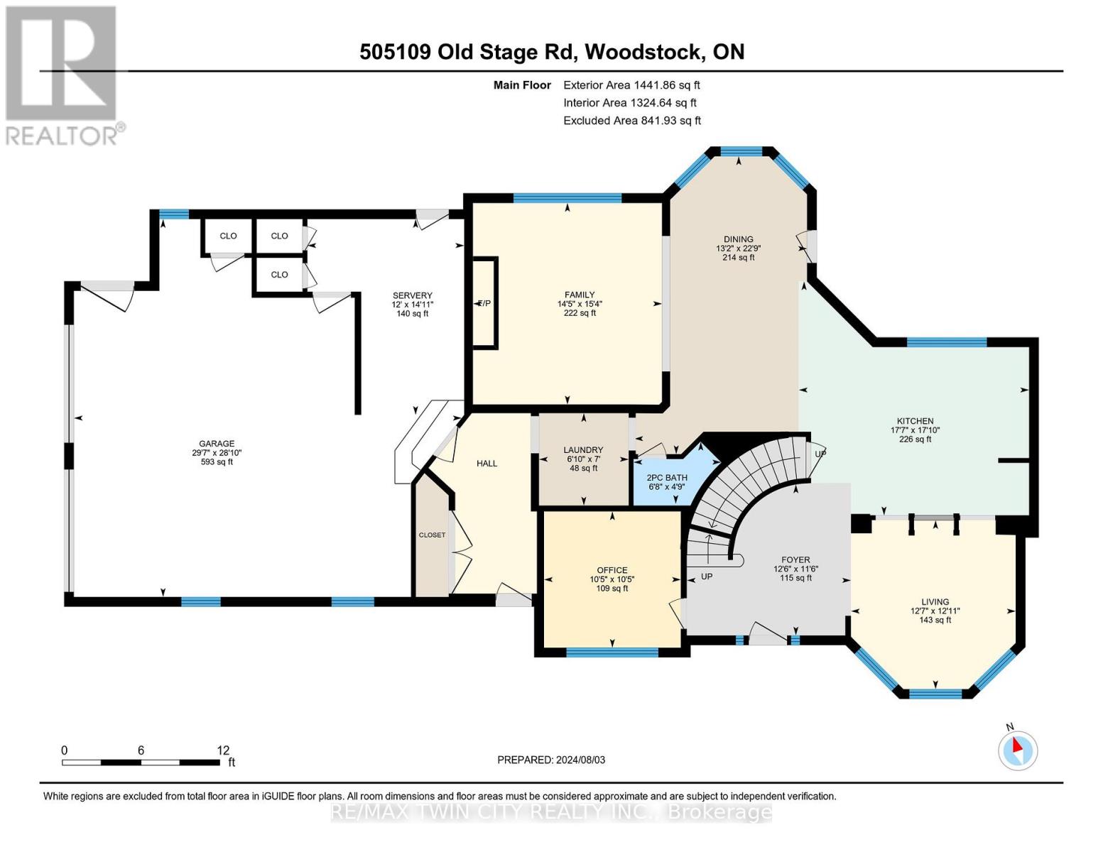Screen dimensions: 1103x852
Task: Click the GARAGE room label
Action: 216,444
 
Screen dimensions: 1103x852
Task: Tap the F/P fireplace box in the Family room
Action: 485,303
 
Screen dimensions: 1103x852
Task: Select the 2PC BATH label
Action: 667,478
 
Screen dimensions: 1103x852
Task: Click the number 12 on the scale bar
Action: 223,750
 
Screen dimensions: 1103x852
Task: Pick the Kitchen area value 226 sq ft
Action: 915,439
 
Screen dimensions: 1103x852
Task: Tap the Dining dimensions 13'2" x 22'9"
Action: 739,248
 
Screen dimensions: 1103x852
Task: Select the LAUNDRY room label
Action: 583,449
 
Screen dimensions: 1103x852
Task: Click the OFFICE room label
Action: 612,570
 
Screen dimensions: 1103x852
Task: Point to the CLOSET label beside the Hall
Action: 432,535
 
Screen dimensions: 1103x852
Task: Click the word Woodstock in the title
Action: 645,52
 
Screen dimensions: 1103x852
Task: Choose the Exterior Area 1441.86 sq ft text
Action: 631,85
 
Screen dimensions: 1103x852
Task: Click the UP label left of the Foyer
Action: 707,577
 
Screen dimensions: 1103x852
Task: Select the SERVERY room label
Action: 412,295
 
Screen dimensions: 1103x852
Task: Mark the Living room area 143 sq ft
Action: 935,620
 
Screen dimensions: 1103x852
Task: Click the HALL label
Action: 487,464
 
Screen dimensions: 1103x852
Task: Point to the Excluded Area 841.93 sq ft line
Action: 632,121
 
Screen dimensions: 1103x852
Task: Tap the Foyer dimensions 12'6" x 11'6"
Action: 796,569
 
